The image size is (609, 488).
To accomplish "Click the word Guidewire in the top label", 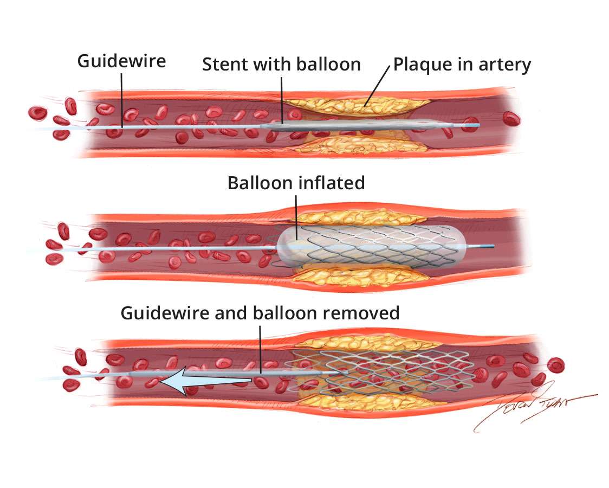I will pos(121,61).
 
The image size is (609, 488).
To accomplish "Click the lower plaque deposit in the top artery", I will pos(358,145).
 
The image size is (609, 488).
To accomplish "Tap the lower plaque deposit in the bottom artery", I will pos(358,402).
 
